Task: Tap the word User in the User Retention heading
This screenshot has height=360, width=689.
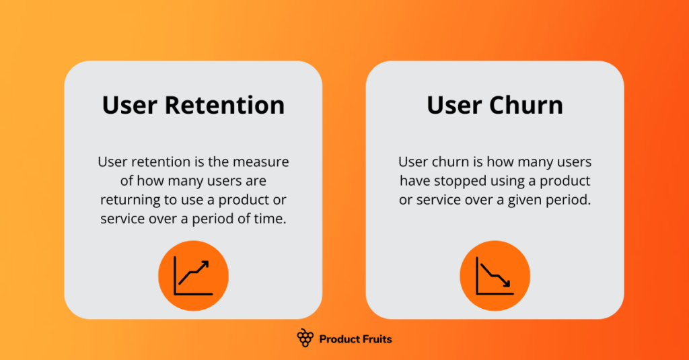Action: pos(130,106)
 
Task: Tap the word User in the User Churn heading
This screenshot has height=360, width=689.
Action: pos(453,106)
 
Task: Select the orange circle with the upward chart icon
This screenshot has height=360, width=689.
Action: pos(193,276)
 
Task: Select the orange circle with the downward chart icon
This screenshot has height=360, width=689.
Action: pos(495,276)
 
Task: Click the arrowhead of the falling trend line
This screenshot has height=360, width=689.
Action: pos(508,284)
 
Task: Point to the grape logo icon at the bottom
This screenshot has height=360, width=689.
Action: pos(305,338)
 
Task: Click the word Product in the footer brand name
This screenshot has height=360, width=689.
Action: pos(339,339)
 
